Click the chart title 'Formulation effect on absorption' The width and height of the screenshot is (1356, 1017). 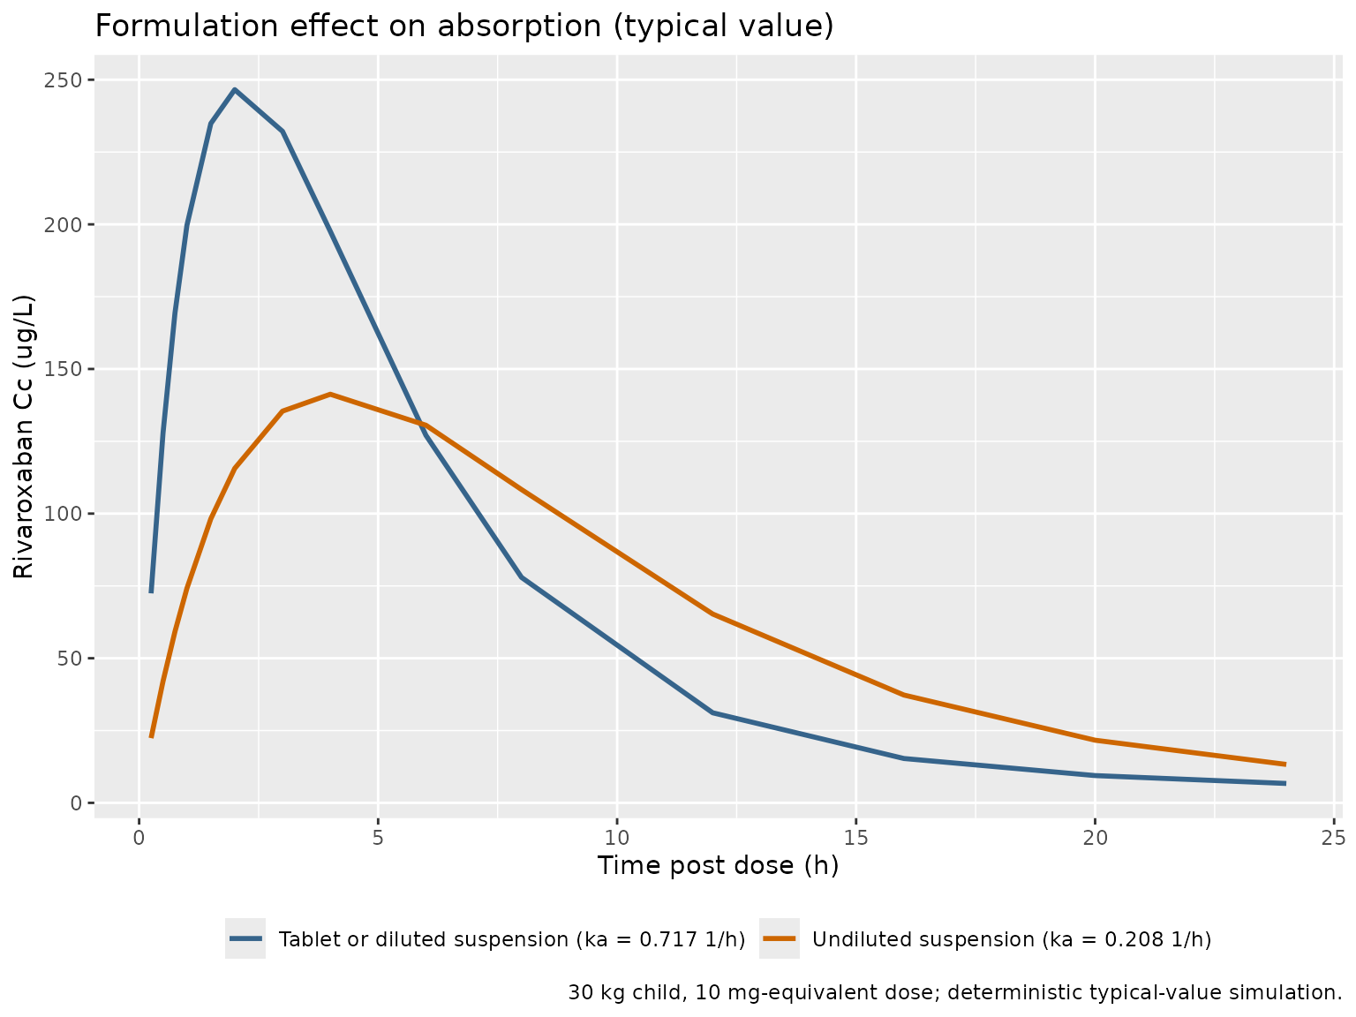(x=348, y=26)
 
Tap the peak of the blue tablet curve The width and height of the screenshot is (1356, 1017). (x=235, y=89)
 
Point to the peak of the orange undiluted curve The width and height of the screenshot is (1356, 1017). (x=330, y=394)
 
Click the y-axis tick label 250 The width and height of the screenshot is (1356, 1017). (x=63, y=80)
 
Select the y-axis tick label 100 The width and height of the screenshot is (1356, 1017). (x=63, y=514)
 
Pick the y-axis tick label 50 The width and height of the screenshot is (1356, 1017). (x=70, y=659)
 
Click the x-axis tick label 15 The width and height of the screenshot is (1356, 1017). (x=855, y=838)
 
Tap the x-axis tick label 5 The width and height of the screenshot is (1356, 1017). (x=378, y=838)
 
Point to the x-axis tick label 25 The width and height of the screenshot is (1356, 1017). (x=1334, y=838)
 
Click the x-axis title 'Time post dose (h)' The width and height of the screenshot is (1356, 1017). (x=718, y=866)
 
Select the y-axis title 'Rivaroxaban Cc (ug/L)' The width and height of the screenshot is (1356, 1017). (x=24, y=437)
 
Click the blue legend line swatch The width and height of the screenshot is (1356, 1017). (x=245, y=938)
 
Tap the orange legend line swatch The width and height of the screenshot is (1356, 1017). (x=780, y=938)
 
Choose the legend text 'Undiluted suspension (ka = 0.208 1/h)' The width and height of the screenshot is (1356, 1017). (x=1012, y=939)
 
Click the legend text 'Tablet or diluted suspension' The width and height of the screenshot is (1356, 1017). (x=423, y=939)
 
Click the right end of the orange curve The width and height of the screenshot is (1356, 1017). (x=1285, y=765)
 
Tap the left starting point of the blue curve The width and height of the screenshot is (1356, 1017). (x=151, y=592)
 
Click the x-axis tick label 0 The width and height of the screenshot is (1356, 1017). (x=139, y=838)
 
